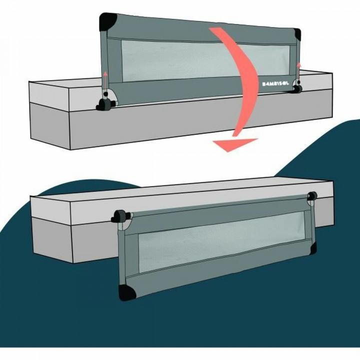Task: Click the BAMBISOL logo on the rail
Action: [275, 84]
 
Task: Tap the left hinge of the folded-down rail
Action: [120, 216]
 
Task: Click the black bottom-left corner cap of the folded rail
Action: [126, 292]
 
